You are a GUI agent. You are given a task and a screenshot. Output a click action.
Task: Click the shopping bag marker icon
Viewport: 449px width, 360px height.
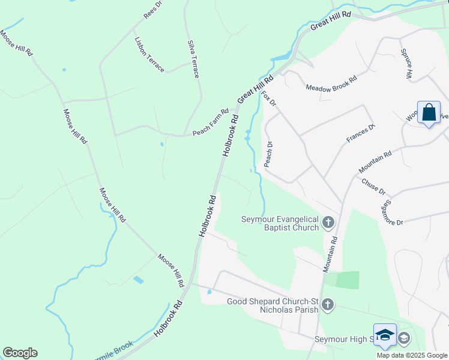[429, 113]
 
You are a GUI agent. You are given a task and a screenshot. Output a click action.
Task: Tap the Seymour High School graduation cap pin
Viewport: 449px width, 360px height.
[385, 335]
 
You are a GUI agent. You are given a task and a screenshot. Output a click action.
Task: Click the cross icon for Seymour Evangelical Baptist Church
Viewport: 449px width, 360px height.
[328, 223]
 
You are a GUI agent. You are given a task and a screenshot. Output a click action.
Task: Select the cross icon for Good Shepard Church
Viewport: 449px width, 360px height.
[328, 305]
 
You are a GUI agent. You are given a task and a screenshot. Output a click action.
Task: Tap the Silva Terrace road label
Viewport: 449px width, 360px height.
[193, 59]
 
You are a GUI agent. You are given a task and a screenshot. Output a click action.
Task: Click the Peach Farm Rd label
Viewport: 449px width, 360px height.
[210, 122]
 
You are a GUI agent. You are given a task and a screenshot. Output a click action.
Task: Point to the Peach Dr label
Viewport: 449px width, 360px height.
[268, 154]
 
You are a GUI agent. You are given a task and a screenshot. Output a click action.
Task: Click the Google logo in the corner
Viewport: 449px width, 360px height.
[20, 353]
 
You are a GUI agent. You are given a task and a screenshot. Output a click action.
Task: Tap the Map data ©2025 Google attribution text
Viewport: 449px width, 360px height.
[412, 355]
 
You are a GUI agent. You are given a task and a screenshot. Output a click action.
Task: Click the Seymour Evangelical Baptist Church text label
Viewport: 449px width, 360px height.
[280, 223]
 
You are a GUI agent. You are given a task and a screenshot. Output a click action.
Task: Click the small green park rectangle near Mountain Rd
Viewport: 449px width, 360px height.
[347, 280]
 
